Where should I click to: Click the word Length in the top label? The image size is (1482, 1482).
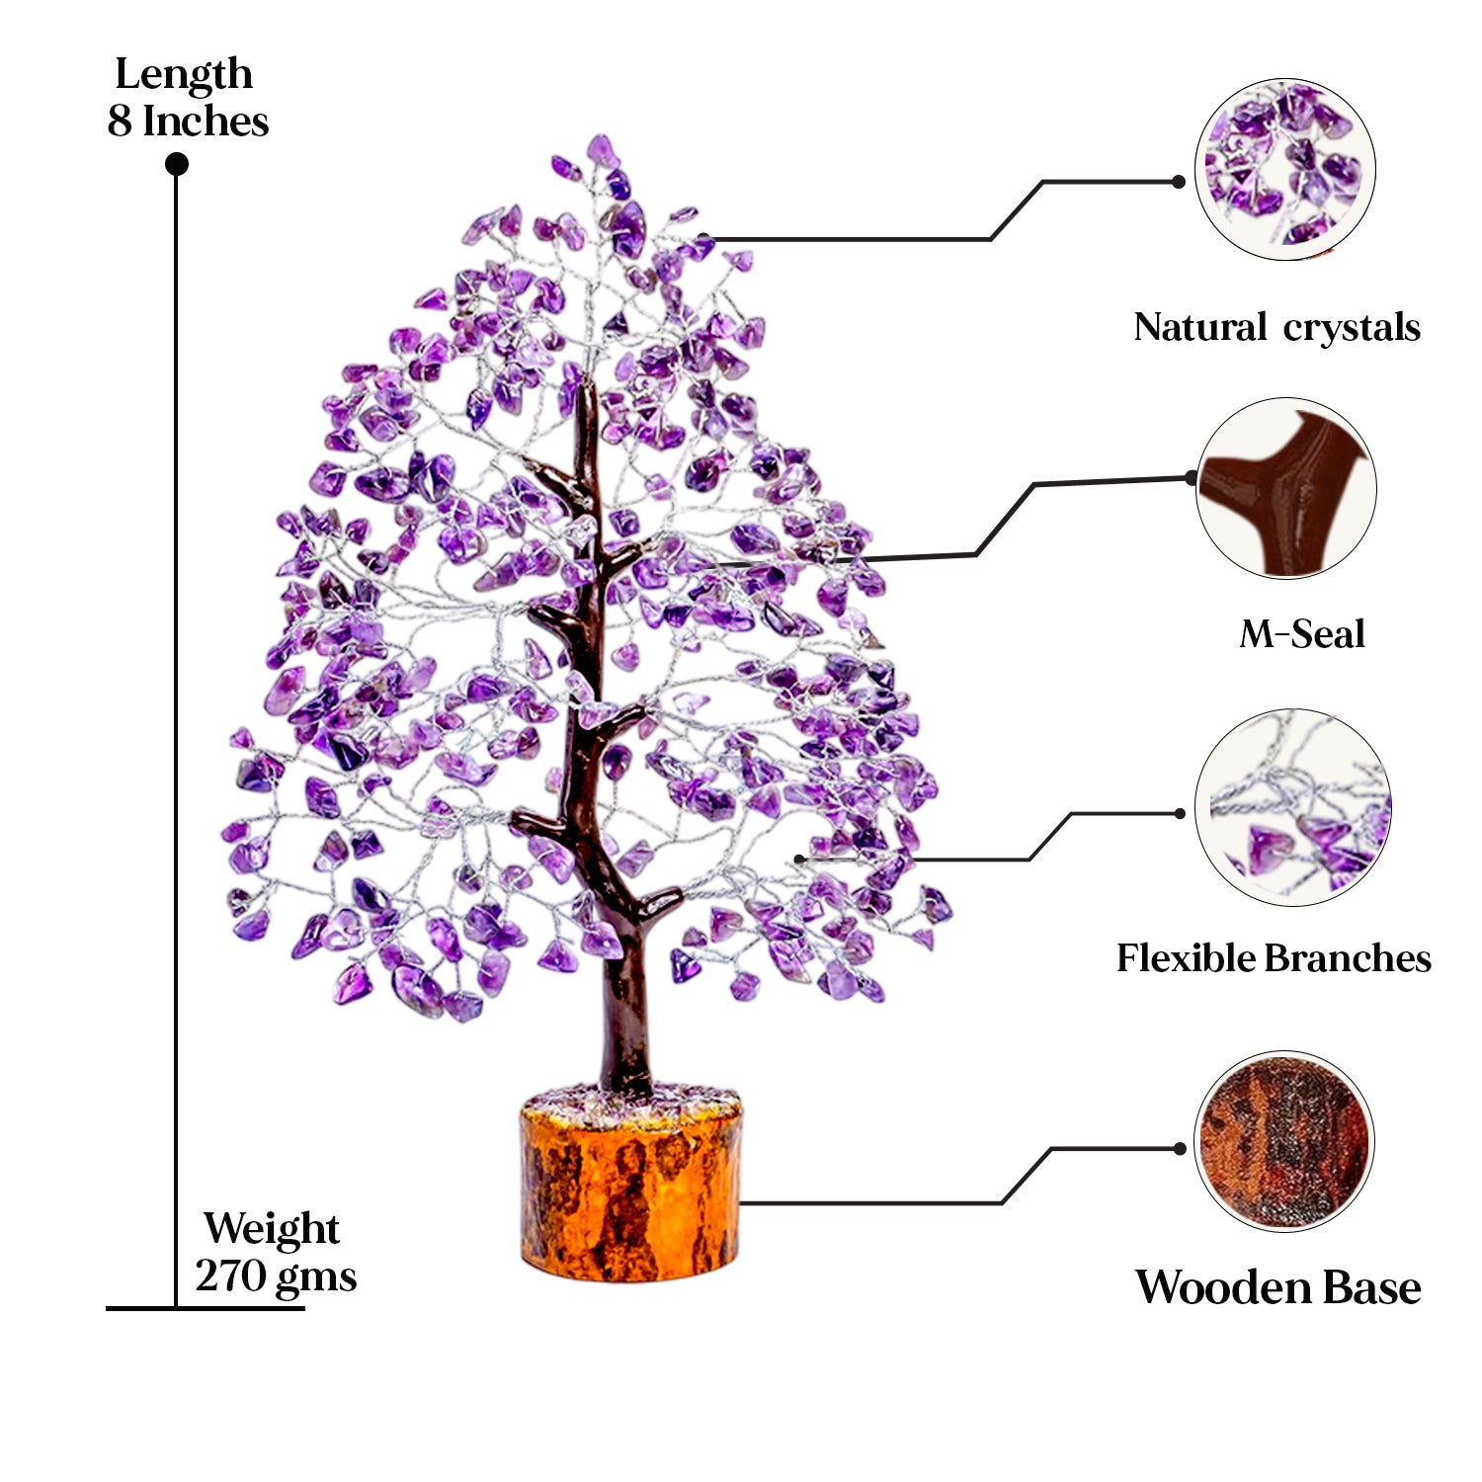pos(184,76)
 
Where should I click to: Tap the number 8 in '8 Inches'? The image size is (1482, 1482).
pos(119,122)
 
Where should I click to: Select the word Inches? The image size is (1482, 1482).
pos(206,122)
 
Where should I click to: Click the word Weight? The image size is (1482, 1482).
pos(272,1230)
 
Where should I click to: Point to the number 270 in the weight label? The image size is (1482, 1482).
pos(230,1276)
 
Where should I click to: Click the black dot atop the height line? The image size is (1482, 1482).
pos(177,164)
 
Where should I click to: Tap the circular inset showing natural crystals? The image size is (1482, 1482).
pos(1284,170)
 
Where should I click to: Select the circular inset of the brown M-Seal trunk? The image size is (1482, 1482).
pos(1285,488)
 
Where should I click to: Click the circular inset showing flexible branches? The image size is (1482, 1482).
pos(1292,807)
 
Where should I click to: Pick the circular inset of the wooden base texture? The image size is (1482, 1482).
pos(1283,1141)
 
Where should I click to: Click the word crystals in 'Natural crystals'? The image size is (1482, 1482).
pos(1352,328)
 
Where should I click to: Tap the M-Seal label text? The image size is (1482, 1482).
pos(1302,634)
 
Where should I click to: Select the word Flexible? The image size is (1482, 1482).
pos(1186,958)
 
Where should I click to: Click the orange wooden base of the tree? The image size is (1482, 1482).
pos(630,1195)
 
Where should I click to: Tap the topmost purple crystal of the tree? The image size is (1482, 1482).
pos(599,150)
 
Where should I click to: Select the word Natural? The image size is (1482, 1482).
pos(1200,328)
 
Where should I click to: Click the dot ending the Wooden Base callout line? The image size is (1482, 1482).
pos(1180,1149)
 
